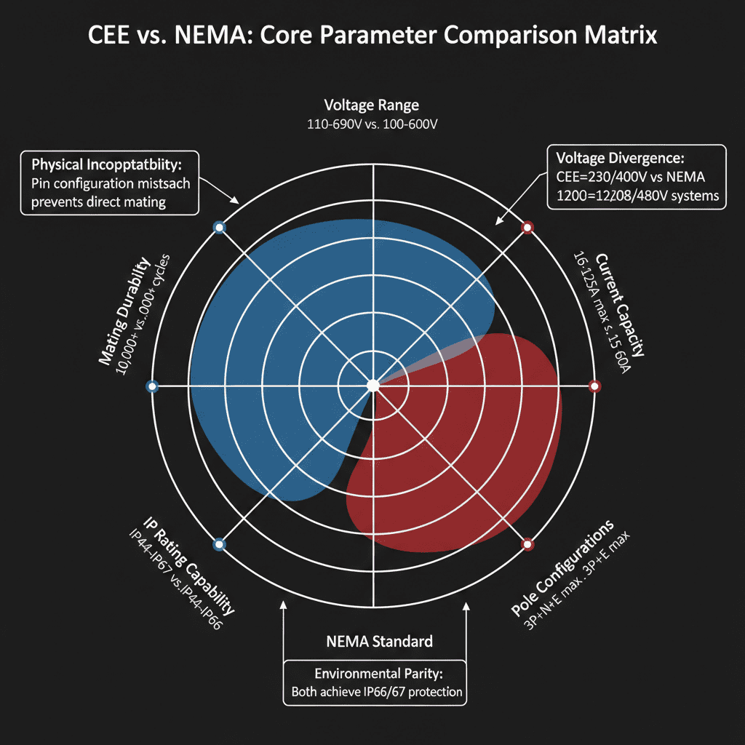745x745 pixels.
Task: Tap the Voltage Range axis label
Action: pyautogui.click(x=372, y=105)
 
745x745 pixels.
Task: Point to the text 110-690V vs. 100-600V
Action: pyautogui.click(x=372, y=124)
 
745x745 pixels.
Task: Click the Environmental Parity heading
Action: pyautogui.click(x=372, y=673)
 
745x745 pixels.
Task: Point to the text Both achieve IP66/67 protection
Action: pyautogui.click(x=376, y=691)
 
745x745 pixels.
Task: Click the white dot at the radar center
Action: pyautogui.click(x=372, y=385)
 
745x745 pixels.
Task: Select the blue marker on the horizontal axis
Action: pyautogui.click(x=152, y=386)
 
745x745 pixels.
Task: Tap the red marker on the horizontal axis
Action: pyautogui.click(x=594, y=386)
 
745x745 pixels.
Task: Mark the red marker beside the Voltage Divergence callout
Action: pyautogui.click(x=528, y=228)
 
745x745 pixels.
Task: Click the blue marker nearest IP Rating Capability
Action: pyautogui.click(x=219, y=543)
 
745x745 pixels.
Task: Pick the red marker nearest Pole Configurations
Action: pyautogui.click(x=527, y=543)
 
